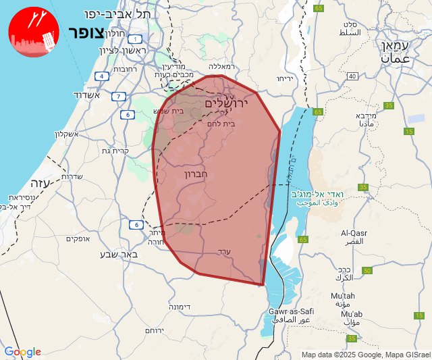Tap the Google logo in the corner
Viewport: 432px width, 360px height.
click(22, 352)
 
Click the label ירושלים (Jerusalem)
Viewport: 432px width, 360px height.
click(226, 103)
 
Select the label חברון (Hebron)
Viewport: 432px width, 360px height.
click(199, 174)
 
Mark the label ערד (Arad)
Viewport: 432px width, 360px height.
click(224, 251)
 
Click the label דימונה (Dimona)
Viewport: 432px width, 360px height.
click(179, 307)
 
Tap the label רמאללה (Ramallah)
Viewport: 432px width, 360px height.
click(221, 66)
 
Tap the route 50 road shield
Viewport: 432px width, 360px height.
click(367, 271)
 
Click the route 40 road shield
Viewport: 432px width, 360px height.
click(352, 76)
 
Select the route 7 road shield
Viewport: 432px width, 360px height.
click(119, 97)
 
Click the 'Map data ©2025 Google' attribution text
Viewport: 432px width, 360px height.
click(342, 355)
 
